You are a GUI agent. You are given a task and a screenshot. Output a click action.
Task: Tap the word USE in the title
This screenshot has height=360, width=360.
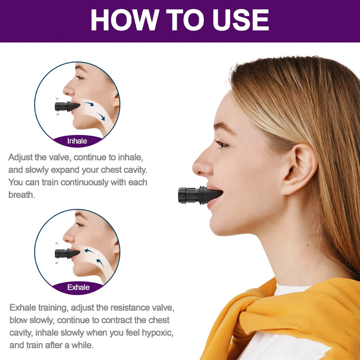(x=241, y=20)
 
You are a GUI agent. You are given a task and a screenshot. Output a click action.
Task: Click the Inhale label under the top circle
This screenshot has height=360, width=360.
(x=77, y=141)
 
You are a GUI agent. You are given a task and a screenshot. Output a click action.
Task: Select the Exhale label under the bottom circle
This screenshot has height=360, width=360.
(x=78, y=287)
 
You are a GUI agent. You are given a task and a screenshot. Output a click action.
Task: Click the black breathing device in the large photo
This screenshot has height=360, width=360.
(x=200, y=195)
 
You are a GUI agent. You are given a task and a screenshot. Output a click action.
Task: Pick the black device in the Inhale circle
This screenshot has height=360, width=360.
(x=67, y=106)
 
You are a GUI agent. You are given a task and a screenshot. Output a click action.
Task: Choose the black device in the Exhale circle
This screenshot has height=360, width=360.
(x=67, y=253)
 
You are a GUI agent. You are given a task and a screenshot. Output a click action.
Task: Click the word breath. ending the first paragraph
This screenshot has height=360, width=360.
(x=22, y=195)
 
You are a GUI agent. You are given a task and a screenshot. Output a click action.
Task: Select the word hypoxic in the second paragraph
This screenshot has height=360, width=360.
(x=157, y=333)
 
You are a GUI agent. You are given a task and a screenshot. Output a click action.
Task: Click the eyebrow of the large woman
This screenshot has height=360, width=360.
(x=223, y=127)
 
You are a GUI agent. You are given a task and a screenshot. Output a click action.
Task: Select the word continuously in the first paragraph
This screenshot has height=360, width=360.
(x=85, y=182)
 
